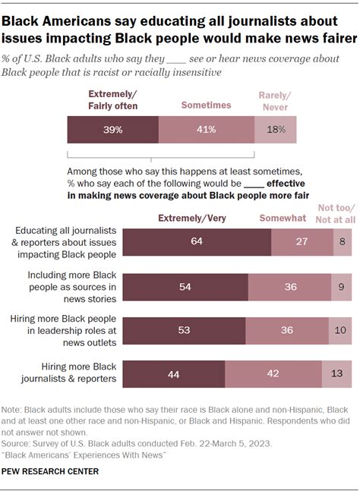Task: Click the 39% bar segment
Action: point(113,130)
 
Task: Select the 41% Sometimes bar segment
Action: point(207,130)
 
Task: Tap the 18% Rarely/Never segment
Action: point(276,130)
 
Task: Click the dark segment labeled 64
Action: point(197,242)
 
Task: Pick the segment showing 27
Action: point(302,242)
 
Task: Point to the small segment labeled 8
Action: point(343,242)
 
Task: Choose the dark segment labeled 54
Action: point(185,287)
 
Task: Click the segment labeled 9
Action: point(342,287)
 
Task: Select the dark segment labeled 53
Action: point(184,331)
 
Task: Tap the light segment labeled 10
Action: point(340,331)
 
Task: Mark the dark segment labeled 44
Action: point(174,374)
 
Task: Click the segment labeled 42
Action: point(273,374)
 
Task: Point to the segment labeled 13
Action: point(336,374)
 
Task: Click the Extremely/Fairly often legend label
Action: point(113,100)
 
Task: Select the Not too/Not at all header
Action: point(336,213)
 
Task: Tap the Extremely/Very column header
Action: point(192,218)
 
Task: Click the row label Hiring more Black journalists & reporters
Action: point(68,373)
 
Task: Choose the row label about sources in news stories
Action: point(72,287)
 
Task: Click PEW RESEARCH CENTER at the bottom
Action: point(50,471)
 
